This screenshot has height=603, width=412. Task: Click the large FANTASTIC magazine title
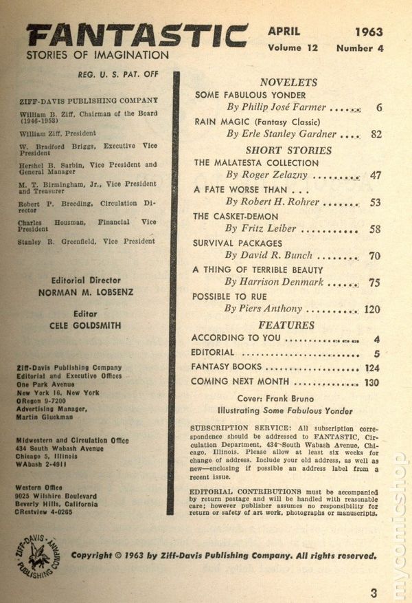click(137, 36)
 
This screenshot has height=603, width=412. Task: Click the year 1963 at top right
click(369, 32)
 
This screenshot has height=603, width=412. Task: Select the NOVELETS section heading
click(288, 80)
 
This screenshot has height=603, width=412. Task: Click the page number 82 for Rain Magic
click(376, 134)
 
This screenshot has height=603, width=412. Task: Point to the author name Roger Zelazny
click(274, 176)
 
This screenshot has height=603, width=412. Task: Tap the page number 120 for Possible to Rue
click(371, 309)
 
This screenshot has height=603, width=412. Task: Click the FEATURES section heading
click(286, 325)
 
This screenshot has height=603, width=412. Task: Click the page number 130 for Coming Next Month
click(371, 382)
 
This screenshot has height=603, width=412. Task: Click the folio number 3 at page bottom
click(374, 592)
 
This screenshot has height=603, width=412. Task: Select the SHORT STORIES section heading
click(288, 150)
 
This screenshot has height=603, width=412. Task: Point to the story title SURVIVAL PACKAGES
click(238, 243)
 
